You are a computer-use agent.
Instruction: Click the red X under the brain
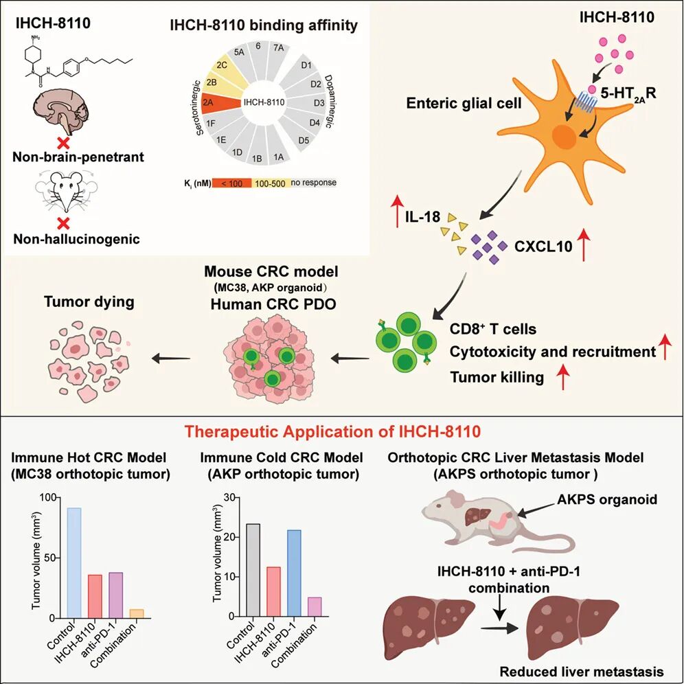(64, 142)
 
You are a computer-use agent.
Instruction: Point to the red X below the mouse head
(64, 223)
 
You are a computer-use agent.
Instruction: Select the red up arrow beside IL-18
(397, 212)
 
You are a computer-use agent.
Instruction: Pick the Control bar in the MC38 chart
(74, 562)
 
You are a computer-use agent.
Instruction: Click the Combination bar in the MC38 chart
(137, 614)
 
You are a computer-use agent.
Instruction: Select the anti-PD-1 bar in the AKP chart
(293, 573)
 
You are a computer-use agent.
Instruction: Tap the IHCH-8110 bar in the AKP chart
(273, 591)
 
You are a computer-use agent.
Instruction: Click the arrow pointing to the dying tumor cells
(171, 358)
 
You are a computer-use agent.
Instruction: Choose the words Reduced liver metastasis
(582, 672)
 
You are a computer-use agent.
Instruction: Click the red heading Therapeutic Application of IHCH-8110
(332, 431)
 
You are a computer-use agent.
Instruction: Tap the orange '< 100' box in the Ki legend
(231, 183)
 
